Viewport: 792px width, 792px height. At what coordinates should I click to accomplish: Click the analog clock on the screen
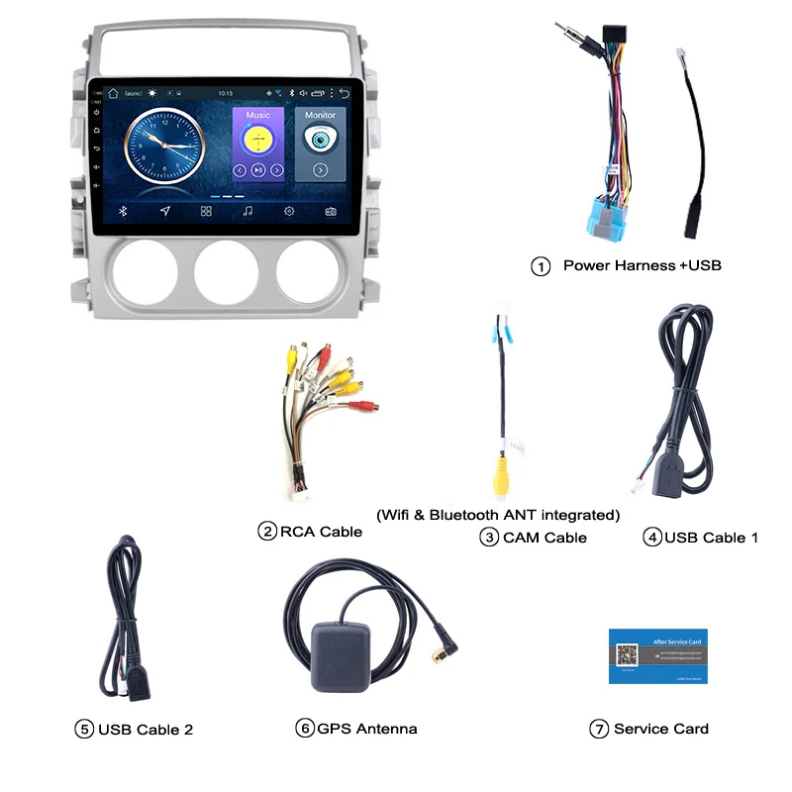pyautogui.click(x=161, y=147)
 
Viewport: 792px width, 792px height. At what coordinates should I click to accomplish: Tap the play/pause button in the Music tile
pyautogui.click(x=257, y=170)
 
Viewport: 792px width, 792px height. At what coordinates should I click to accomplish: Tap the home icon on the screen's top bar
pyautogui.click(x=114, y=93)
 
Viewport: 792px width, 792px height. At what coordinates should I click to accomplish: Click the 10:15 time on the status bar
pyautogui.click(x=226, y=93)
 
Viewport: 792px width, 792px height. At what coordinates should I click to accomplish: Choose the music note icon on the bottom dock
pyautogui.click(x=247, y=211)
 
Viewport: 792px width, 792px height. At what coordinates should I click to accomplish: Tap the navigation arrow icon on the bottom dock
pyautogui.click(x=164, y=211)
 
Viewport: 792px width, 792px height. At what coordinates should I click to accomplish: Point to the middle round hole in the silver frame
pyautogui.click(x=226, y=271)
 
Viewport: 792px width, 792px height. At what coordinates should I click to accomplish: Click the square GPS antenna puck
pyautogui.click(x=341, y=653)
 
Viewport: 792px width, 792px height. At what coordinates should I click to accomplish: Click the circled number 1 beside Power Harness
pyautogui.click(x=541, y=266)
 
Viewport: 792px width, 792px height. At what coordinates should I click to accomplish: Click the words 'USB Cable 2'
pyautogui.click(x=146, y=730)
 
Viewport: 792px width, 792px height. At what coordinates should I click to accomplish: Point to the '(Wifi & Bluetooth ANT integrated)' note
pyautogui.click(x=498, y=515)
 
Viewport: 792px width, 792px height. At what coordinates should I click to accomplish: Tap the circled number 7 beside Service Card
pyautogui.click(x=598, y=729)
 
